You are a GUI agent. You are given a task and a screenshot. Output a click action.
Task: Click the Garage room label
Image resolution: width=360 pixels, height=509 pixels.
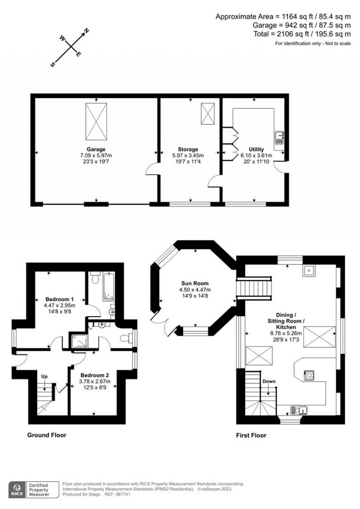[x=96, y=149]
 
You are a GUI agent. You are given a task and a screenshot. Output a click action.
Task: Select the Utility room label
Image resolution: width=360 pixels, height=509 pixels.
[x=256, y=149]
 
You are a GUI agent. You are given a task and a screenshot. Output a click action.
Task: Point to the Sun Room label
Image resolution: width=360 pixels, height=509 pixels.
[x=195, y=283]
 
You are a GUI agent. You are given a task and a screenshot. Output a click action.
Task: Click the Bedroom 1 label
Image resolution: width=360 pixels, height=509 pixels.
[x=59, y=299]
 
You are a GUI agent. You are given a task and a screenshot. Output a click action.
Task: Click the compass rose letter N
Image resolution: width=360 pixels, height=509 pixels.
[x=86, y=31]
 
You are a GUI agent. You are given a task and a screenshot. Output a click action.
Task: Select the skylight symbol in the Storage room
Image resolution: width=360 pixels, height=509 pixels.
[x=207, y=113]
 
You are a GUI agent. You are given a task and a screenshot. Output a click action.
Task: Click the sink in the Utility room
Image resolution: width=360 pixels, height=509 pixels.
[x=279, y=138]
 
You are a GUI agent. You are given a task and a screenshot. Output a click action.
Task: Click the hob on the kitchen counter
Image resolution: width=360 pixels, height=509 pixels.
[x=309, y=375]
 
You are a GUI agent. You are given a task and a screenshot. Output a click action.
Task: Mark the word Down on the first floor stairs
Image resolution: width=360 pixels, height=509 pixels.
[x=269, y=381]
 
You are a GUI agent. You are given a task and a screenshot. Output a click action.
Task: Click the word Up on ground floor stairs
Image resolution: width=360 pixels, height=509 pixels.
[x=44, y=376]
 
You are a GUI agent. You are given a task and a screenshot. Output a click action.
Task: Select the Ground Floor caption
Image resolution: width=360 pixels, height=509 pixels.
[x=47, y=435]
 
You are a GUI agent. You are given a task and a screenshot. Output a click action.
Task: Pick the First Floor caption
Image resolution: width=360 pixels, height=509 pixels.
[x=251, y=435]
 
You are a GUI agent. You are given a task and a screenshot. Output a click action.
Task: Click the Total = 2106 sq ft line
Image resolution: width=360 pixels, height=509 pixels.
[x=302, y=34]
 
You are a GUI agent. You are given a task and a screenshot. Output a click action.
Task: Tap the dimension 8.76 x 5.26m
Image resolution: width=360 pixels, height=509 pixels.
[x=285, y=333]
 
